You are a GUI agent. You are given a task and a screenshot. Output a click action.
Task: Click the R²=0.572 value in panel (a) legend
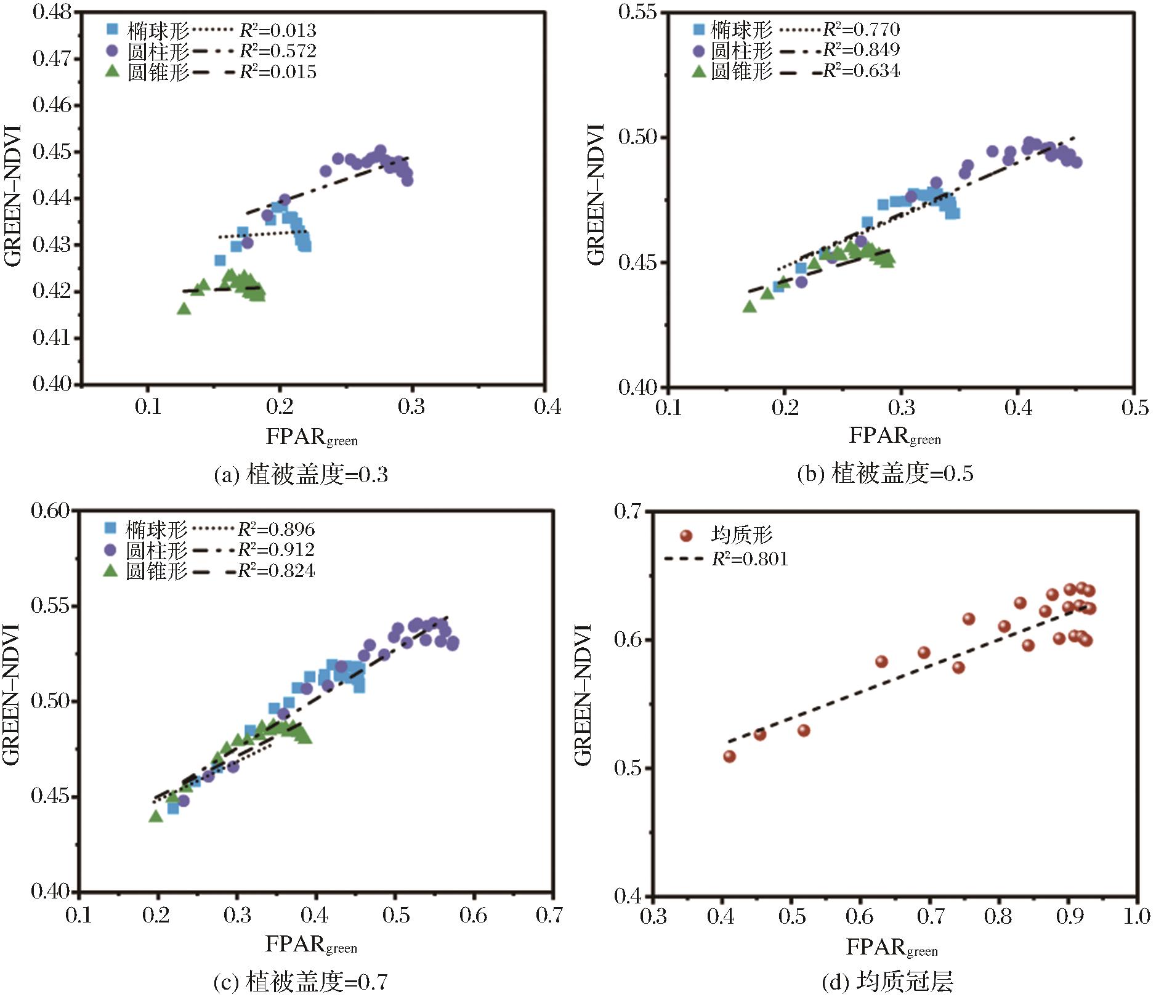(x=278, y=51)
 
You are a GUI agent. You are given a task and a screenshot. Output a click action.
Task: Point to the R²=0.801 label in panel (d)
(x=750, y=559)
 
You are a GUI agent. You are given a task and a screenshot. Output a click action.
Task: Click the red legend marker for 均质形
(x=686, y=536)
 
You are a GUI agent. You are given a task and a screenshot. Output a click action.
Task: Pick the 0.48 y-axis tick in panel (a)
(x=52, y=12)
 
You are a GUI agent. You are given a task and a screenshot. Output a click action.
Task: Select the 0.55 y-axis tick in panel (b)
(x=637, y=12)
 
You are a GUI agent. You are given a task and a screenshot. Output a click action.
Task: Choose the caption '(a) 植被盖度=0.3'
(x=301, y=475)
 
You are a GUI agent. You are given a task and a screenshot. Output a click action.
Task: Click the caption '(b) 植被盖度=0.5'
(x=885, y=474)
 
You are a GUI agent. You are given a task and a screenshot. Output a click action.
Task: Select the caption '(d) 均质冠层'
(x=887, y=982)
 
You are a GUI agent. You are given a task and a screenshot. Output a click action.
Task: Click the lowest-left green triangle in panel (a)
(x=184, y=309)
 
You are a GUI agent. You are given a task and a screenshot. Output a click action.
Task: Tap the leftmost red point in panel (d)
(x=729, y=756)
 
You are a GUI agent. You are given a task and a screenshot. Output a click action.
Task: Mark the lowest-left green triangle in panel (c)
(x=156, y=817)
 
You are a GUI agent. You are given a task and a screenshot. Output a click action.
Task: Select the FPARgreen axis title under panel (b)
(x=894, y=436)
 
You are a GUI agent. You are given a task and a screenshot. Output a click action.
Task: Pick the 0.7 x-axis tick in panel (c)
(x=549, y=916)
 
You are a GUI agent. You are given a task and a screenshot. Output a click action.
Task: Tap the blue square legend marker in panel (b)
(x=699, y=29)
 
